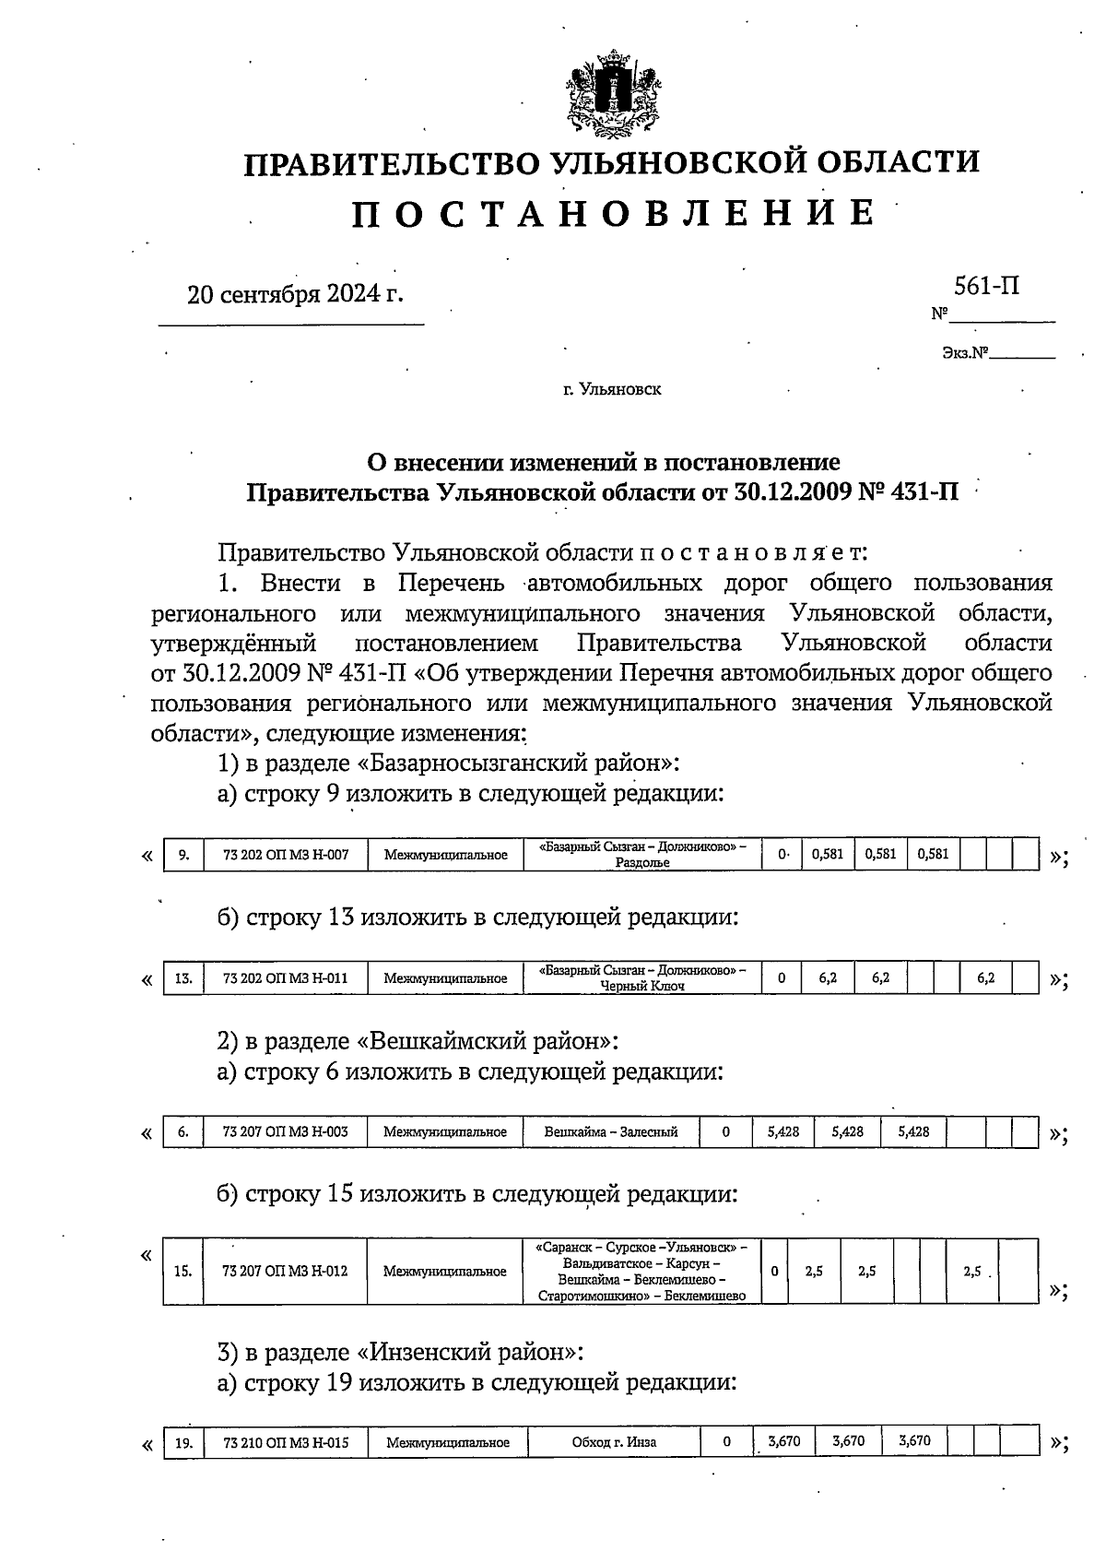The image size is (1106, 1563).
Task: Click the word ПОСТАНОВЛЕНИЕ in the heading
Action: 613,213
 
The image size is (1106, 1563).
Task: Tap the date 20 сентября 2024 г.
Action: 295,294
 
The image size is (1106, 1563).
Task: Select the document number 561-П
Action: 986,286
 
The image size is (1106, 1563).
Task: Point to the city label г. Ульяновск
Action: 612,390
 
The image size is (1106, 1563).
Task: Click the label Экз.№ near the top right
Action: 965,352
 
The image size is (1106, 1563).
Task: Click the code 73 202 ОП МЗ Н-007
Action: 286,855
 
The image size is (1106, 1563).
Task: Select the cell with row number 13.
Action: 183,977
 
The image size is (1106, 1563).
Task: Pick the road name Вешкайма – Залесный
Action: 610,1131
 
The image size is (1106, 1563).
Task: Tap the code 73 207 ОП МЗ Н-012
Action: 286,1271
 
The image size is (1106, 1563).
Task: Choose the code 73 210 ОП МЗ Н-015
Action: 286,1441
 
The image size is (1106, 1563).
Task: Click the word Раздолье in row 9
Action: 642,863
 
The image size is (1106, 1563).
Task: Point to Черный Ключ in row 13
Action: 642,986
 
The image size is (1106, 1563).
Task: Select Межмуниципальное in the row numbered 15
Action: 445,1271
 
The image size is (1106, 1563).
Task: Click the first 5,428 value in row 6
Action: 782,1131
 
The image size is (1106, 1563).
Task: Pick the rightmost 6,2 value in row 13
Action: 985,977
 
